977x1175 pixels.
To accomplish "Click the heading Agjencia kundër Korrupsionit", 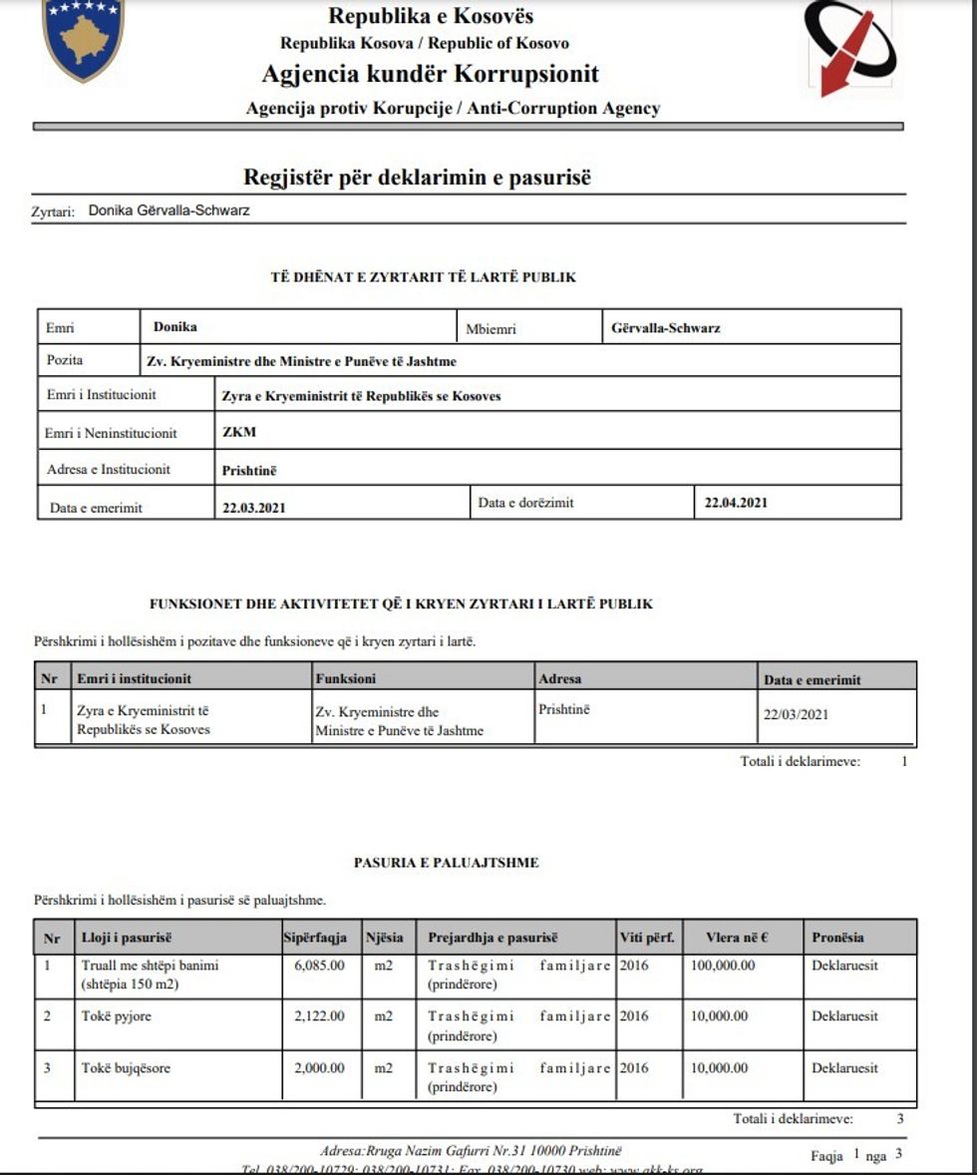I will point(431,74).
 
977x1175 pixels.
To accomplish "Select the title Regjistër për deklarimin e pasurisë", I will point(418,178).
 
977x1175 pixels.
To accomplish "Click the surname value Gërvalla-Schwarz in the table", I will point(667,327).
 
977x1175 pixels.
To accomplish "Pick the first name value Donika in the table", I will point(175,327).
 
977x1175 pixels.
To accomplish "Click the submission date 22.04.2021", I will point(736,503).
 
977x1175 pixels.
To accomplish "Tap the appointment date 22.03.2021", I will point(254,507).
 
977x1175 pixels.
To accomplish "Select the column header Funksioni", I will point(345,678).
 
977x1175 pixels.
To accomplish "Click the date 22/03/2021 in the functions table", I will point(796,714).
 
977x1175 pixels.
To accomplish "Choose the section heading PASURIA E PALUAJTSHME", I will point(446,862).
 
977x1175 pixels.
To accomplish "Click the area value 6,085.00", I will point(320,966).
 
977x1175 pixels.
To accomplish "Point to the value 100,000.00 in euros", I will point(723,966).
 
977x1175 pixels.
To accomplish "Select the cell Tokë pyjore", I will point(117,1016).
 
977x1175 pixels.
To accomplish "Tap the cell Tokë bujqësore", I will point(126,1068).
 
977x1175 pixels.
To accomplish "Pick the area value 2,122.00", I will point(320,1016).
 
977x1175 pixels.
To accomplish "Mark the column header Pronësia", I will point(837,938).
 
